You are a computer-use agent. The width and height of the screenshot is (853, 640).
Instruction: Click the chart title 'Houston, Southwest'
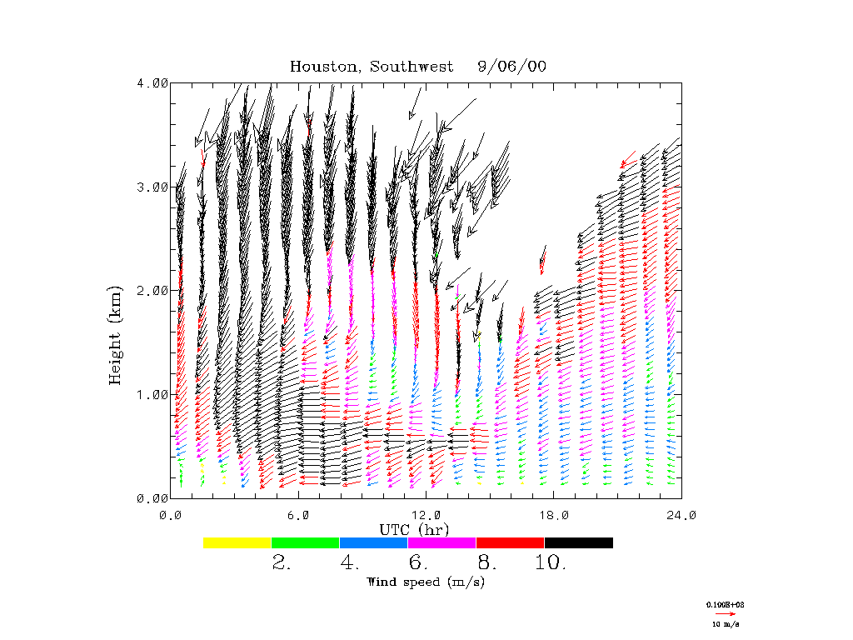(372, 67)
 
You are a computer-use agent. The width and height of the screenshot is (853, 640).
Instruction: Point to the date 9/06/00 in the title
(512, 67)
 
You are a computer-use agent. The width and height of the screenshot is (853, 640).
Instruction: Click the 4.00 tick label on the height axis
(152, 82)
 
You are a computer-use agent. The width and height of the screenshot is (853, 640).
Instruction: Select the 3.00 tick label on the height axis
(152, 187)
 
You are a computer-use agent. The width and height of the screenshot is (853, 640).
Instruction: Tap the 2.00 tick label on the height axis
(152, 290)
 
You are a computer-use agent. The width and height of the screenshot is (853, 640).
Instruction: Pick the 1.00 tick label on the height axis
(152, 394)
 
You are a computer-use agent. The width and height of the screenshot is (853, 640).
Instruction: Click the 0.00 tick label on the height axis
(152, 498)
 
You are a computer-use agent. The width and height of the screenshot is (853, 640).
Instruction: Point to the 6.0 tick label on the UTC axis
(298, 515)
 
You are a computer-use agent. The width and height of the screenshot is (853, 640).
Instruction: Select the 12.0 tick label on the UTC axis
(426, 515)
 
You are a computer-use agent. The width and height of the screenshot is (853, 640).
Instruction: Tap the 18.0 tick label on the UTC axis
(554, 515)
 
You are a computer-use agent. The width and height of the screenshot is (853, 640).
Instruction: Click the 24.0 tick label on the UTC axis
(681, 515)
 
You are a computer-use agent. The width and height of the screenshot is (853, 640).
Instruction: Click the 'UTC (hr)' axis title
(413, 529)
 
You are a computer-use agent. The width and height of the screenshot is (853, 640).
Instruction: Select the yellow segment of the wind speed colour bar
(237, 542)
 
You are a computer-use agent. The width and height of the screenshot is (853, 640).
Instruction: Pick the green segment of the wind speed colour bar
(306, 542)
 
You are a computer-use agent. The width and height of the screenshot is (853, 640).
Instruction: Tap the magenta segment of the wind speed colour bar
(441, 542)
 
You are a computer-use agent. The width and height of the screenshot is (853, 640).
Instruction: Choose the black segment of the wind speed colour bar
(578, 542)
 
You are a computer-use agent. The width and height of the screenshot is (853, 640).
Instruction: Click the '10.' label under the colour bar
(550, 563)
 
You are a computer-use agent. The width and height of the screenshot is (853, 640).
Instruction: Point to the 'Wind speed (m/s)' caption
(425, 582)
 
